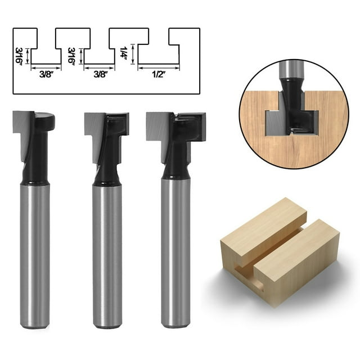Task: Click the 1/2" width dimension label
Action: click(159, 74)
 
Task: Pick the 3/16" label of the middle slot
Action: click(71, 56)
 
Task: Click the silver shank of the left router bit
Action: click(35, 253)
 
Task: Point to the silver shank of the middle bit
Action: click(107, 253)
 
